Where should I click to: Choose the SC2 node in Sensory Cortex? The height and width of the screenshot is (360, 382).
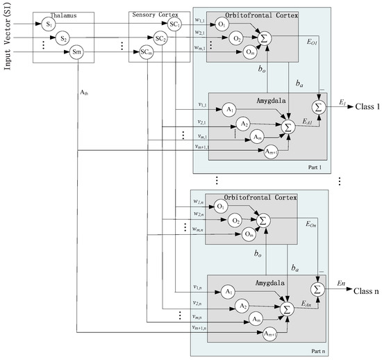[x=160, y=39]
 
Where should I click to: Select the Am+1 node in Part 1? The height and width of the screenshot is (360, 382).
[x=272, y=152]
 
